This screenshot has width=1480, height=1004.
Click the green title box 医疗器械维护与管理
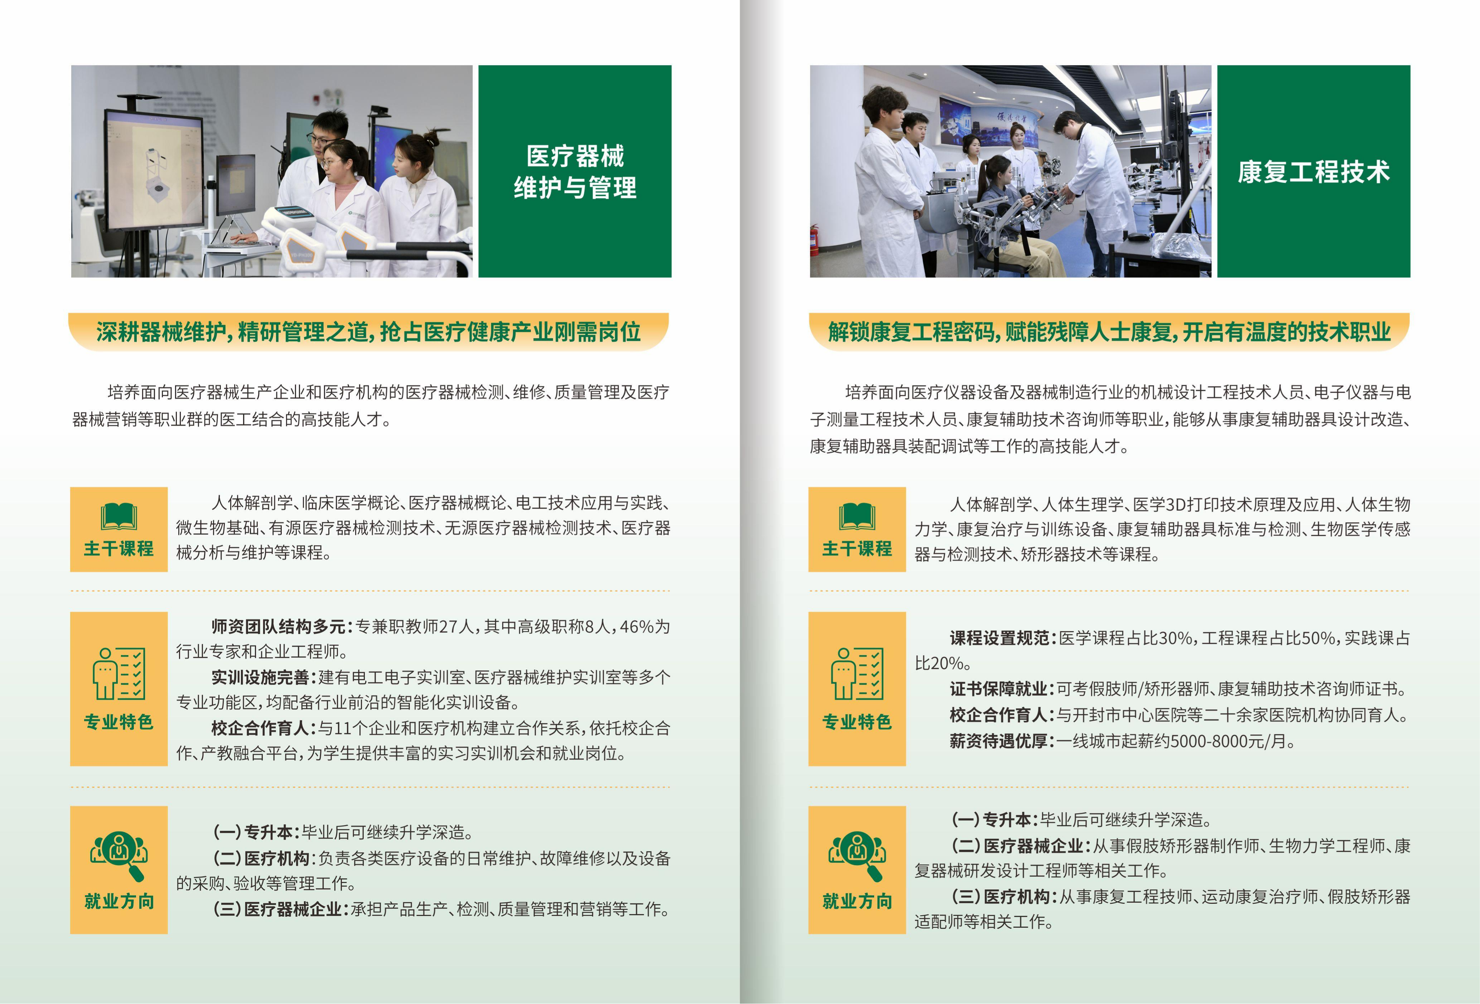(575, 171)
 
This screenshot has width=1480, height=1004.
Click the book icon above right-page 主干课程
(857, 516)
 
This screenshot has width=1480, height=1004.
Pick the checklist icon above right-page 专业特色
(857, 674)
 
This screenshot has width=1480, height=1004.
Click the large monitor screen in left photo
(154, 170)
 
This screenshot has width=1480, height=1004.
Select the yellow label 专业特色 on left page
(119, 722)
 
